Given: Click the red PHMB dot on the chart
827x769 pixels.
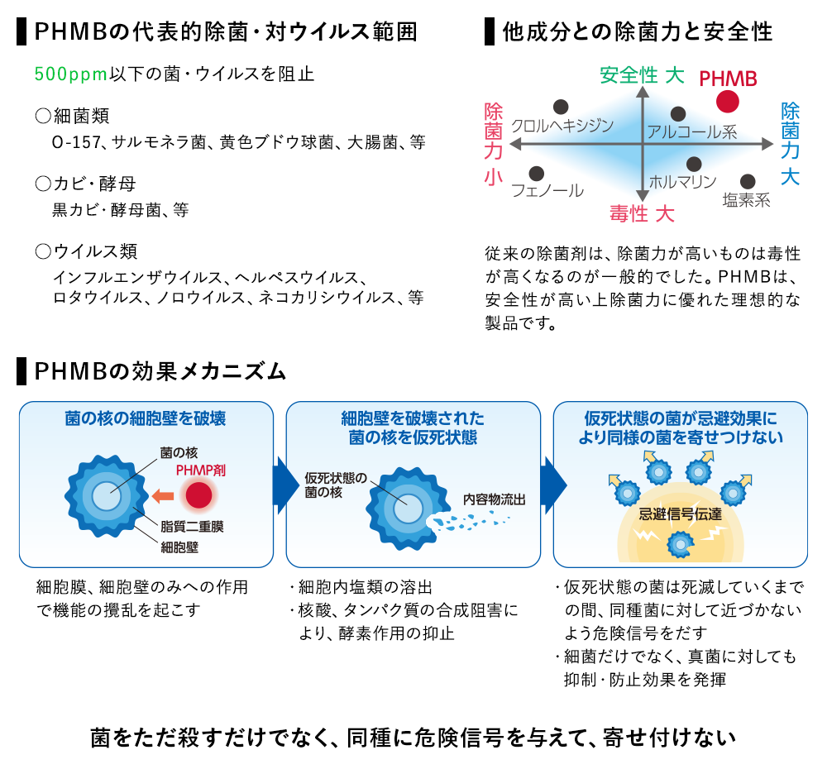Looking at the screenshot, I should [x=728, y=102].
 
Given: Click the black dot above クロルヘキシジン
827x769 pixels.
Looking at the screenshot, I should [x=562, y=107].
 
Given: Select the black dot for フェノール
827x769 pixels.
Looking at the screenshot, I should [x=537, y=174].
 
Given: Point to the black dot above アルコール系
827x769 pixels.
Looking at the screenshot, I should [x=678, y=114].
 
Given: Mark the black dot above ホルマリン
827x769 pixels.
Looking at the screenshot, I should [x=694, y=164].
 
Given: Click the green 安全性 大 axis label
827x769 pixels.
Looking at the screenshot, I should [x=642, y=75].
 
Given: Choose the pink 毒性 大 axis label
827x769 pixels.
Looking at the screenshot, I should [x=642, y=214].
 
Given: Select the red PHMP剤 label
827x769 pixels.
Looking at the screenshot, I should [x=201, y=470].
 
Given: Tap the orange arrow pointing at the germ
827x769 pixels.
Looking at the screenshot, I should [x=163, y=495].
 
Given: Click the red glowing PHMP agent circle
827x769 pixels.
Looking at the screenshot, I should [x=198, y=496].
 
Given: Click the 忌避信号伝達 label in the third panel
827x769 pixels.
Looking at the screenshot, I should [x=680, y=513].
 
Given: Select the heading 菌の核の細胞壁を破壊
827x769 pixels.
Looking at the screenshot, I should [x=146, y=418].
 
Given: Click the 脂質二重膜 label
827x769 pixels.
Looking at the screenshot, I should [x=192, y=526].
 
